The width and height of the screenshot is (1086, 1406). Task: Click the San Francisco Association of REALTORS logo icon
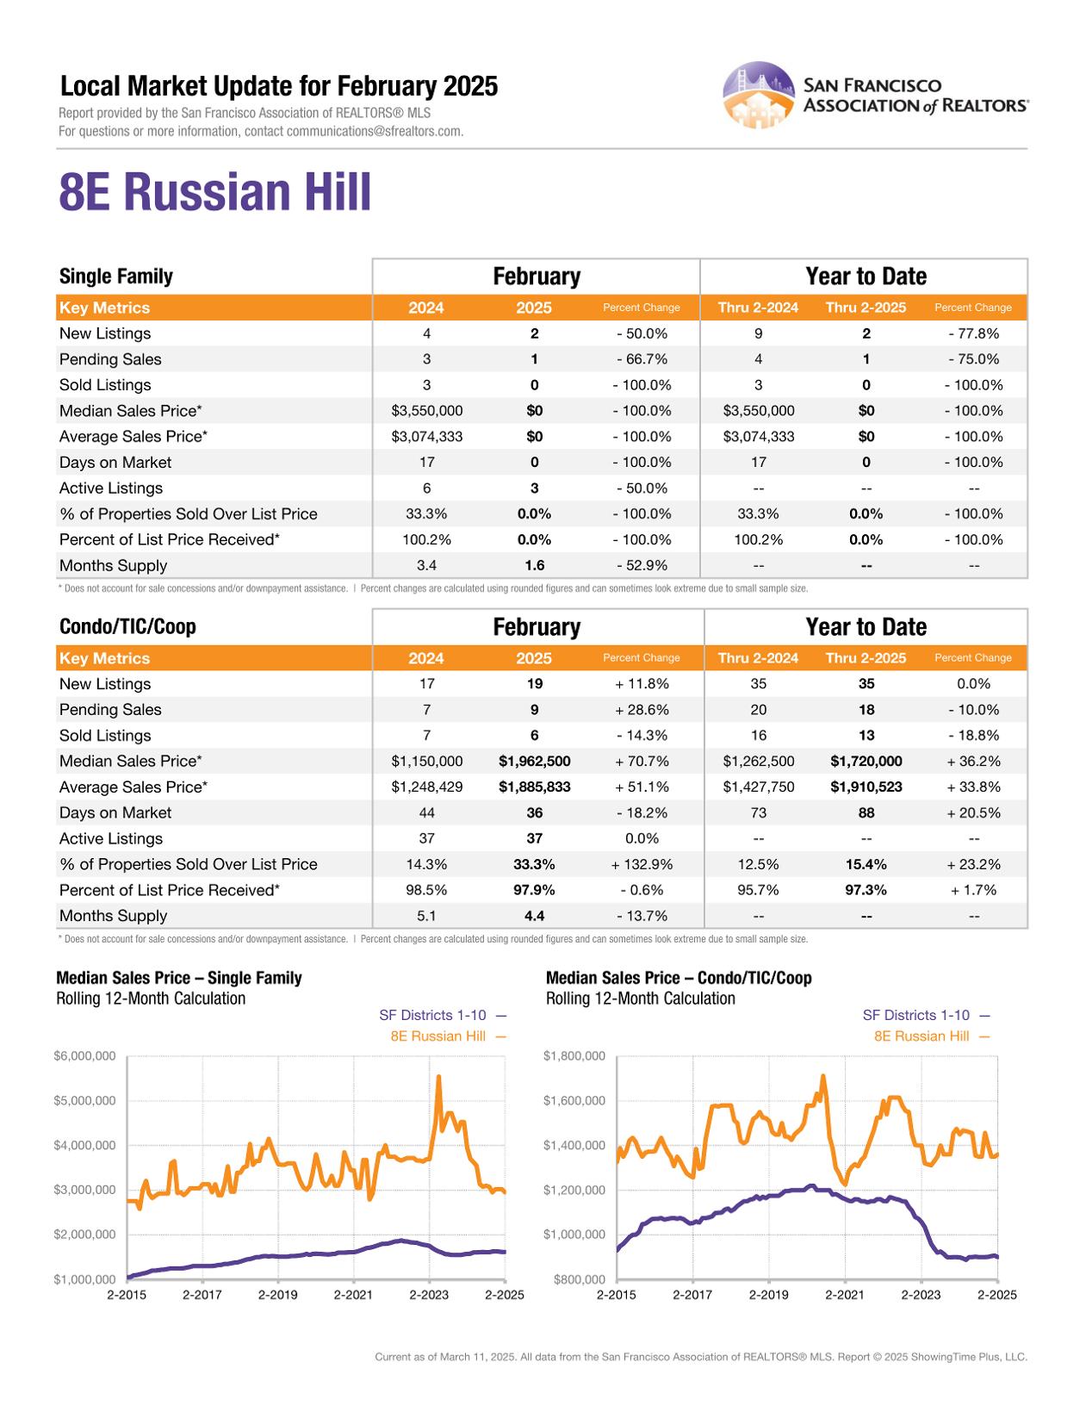click(758, 95)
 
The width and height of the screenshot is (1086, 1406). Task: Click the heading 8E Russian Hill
click(215, 192)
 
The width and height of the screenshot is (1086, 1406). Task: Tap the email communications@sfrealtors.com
click(375, 132)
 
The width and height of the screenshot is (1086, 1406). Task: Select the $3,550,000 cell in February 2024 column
click(426, 411)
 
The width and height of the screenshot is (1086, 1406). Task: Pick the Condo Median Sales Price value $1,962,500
click(534, 762)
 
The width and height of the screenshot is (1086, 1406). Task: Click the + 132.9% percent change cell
click(642, 864)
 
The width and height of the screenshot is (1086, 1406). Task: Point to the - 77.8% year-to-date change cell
click(973, 333)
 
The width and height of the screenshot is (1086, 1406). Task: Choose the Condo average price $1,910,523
click(866, 787)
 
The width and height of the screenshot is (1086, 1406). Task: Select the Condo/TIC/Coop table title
click(127, 627)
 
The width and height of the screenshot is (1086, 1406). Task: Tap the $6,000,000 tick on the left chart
click(84, 1056)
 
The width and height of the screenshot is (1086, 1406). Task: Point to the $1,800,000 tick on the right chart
click(574, 1056)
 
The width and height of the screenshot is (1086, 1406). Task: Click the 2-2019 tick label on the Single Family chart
click(277, 1295)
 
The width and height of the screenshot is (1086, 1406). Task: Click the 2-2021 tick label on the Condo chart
click(844, 1295)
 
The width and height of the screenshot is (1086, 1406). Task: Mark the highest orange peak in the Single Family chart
click(439, 1077)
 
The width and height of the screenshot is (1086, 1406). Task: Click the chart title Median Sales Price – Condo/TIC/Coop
click(679, 978)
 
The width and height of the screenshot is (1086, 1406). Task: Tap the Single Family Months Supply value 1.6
click(534, 566)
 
